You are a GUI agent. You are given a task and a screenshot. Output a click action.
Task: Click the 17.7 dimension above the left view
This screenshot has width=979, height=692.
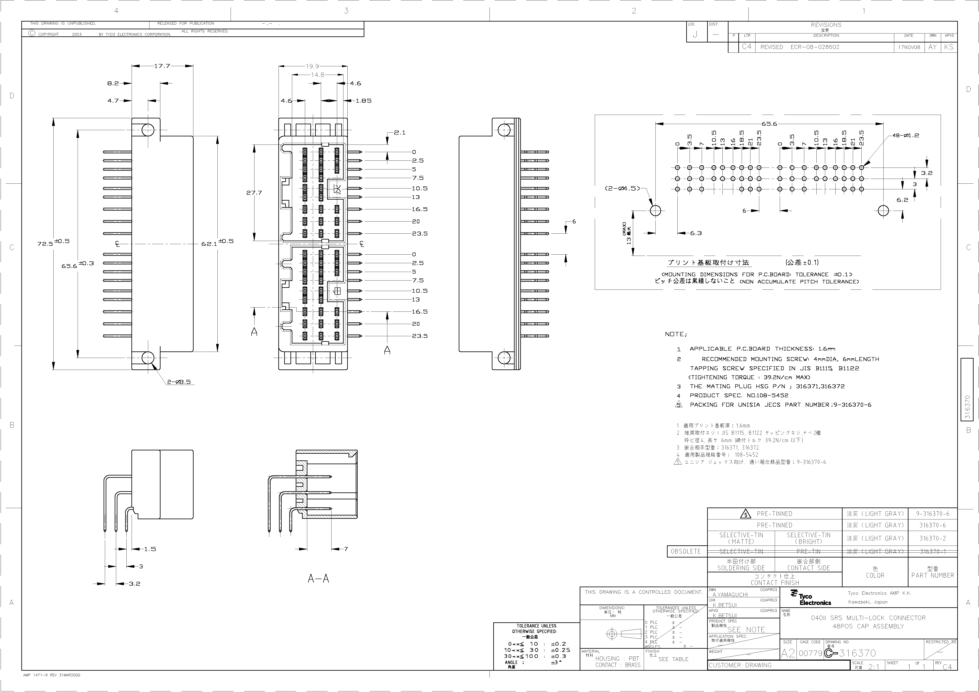[162, 66]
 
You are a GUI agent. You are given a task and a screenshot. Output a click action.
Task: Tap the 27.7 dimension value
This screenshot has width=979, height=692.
[254, 193]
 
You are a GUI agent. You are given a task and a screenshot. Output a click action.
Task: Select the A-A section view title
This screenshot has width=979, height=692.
[319, 579]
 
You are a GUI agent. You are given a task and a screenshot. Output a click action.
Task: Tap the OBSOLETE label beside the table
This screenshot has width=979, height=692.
[686, 551]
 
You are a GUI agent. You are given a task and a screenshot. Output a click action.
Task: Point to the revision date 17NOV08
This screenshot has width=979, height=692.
[909, 47]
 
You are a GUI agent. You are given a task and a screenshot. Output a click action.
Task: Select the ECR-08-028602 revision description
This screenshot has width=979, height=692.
[815, 47]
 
